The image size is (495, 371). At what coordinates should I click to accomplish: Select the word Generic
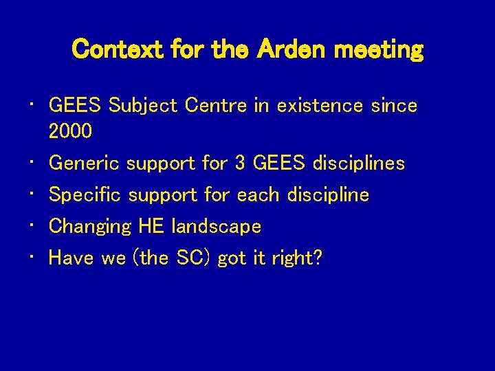pyautogui.click(x=84, y=164)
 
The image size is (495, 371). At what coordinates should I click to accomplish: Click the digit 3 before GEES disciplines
pyautogui.click(x=240, y=164)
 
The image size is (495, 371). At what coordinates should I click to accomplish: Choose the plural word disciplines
pyautogui.click(x=358, y=164)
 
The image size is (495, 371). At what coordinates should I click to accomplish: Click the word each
pyautogui.click(x=257, y=195)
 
